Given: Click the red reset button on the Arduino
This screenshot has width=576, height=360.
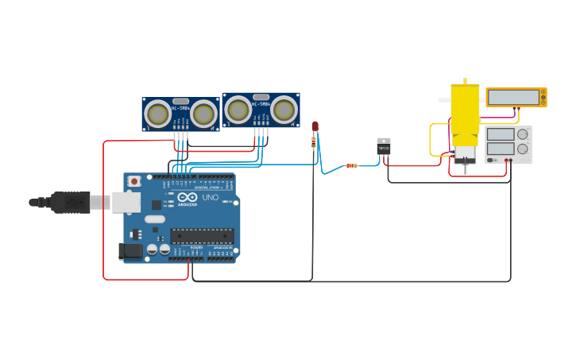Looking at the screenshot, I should (x=134, y=181).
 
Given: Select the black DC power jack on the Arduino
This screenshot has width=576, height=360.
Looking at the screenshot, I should (x=130, y=251).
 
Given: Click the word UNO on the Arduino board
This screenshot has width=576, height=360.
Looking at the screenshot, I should (x=211, y=197).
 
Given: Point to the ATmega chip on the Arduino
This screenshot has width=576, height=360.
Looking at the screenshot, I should (x=202, y=236).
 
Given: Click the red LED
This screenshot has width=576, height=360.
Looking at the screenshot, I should (x=315, y=126).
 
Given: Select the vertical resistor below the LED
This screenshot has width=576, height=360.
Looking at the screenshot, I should (x=314, y=142).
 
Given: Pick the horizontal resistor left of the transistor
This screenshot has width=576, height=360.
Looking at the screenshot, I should (x=350, y=165).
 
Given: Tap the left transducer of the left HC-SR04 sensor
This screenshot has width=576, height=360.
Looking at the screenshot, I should (x=158, y=114).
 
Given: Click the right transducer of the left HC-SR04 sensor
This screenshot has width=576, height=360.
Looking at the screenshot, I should (x=203, y=114).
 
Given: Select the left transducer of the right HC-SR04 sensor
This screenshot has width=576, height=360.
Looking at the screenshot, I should (x=238, y=109).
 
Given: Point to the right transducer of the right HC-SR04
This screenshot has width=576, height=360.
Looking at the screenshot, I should (x=284, y=109).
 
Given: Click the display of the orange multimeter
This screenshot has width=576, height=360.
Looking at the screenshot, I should (x=513, y=97).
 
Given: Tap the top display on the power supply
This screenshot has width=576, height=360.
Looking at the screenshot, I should (x=500, y=134).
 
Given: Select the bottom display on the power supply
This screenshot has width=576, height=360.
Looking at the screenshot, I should (x=500, y=149).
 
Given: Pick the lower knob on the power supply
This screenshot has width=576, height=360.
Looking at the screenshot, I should (x=523, y=149).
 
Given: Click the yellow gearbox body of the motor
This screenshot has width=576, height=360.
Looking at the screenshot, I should (x=465, y=108).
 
